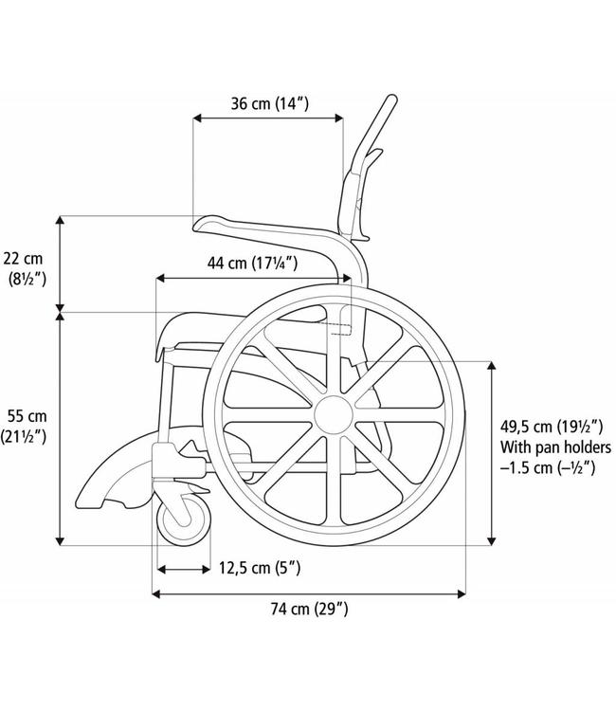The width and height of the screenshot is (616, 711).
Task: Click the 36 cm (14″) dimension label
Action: pyautogui.click(x=268, y=103)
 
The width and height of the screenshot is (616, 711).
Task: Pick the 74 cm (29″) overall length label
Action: pyautogui.click(x=309, y=609)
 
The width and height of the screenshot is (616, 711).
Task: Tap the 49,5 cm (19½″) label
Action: pyautogui.click(x=549, y=427)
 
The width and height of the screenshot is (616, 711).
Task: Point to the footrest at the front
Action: pyautogui.click(x=104, y=479)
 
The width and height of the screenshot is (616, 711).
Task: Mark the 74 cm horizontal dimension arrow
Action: pyautogui.click(x=309, y=594)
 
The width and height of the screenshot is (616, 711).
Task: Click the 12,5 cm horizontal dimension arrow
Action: pyautogui.click(x=183, y=569)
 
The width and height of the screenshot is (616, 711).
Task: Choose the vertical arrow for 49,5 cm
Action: pyautogui.click(x=492, y=453)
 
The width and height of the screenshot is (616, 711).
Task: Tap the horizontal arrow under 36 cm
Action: pyautogui.click(x=268, y=118)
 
